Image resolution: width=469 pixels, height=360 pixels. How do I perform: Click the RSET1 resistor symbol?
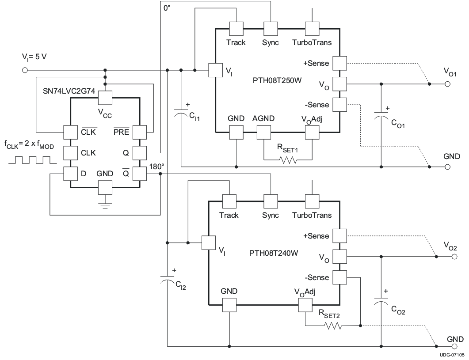click(x=288, y=159)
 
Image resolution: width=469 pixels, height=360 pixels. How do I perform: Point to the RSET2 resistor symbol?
click(x=332, y=326)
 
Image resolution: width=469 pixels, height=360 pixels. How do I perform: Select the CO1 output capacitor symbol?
click(x=381, y=116)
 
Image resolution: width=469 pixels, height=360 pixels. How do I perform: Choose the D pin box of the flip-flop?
click(x=70, y=174)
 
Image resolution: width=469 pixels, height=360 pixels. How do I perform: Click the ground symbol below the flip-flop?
click(x=105, y=204)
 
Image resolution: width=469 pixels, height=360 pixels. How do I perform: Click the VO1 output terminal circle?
click(x=447, y=83)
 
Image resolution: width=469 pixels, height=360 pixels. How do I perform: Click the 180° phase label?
click(x=157, y=167)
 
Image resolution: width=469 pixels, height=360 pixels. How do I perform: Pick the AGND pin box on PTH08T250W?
click(x=263, y=132)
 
